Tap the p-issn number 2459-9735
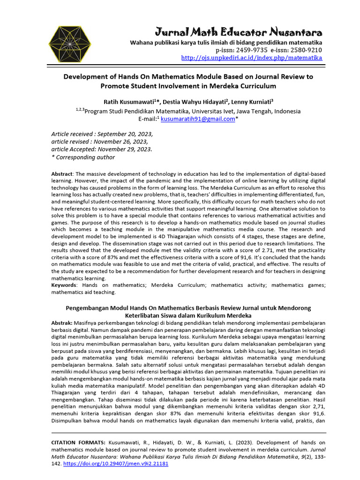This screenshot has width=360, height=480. point(251,50)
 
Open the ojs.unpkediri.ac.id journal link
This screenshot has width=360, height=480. point(252,58)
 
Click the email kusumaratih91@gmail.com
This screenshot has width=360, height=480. point(197,119)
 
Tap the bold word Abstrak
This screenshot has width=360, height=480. point(61,323)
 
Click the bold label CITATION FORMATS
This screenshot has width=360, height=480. point(78,442)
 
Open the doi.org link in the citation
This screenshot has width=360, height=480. point(115,463)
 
